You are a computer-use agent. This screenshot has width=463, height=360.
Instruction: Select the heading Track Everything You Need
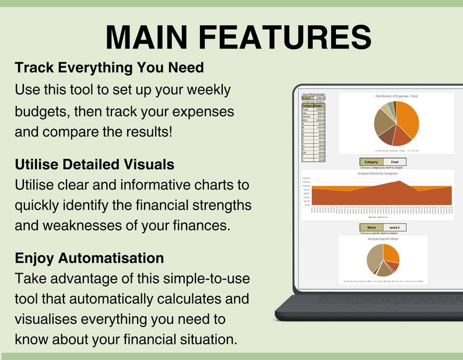pyautogui.click(x=109, y=68)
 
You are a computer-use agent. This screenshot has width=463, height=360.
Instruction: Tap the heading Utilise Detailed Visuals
pyautogui.click(x=94, y=165)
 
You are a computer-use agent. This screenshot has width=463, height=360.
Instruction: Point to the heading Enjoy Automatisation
pyautogui.click(x=89, y=257)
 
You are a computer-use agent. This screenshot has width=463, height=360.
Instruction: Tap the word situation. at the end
pyautogui.click(x=208, y=339)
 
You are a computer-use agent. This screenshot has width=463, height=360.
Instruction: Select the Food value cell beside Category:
pyautogui.click(x=395, y=162)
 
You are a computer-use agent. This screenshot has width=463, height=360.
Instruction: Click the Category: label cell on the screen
pyautogui.click(x=371, y=162)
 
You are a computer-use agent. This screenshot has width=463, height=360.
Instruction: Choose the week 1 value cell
pyautogui.click(x=395, y=228)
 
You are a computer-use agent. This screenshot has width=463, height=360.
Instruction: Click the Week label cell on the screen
pyautogui.click(x=371, y=228)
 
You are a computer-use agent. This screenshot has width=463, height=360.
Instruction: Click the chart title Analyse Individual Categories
pyautogui.click(x=377, y=173)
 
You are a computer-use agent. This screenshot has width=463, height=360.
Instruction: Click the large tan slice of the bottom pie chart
pyautogui.click(x=373, y=260)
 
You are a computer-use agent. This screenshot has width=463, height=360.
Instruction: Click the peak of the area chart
pyautogui.click(x=399, y=181)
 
